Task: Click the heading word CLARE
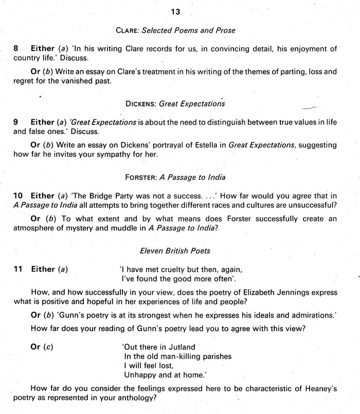(129, 30)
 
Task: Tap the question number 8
(16, 48)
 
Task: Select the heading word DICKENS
(141, 103)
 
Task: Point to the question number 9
(16, 122)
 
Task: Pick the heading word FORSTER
(140, 177)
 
